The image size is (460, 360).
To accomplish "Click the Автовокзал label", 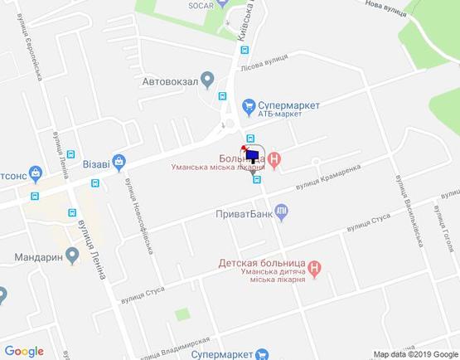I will point(169,80).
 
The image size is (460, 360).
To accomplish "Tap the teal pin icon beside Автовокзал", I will point(207,80).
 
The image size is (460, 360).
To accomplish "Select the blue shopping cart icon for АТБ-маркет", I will point(247,105).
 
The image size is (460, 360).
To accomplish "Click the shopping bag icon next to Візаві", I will point(119,161).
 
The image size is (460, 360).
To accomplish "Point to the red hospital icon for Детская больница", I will point(314,268).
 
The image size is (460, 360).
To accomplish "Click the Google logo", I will point(24,351).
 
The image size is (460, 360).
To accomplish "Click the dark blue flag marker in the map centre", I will point(253,155).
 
